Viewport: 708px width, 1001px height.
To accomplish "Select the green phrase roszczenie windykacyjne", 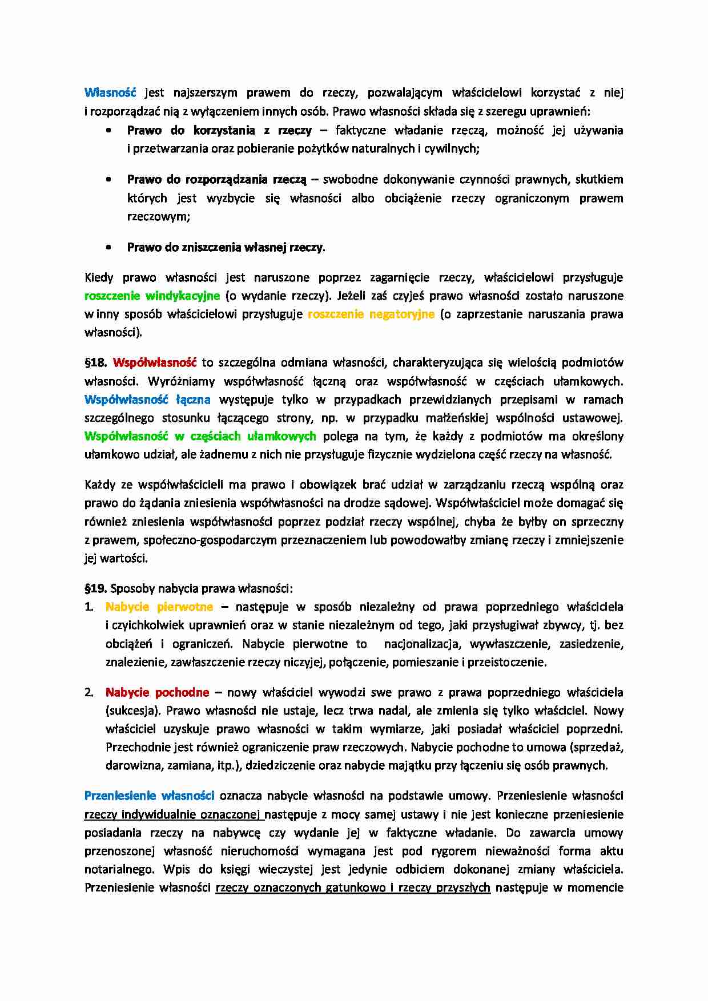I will coord(152,296).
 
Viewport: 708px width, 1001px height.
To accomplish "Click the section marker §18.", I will coord(96,362).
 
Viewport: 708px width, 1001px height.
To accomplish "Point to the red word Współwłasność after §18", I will coord(155,362).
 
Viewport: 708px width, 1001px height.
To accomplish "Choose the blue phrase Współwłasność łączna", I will coord(147,399).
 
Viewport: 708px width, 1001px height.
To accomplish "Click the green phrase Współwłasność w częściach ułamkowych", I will coord(200,436).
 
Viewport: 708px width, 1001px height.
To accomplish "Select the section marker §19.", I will coord(96,588).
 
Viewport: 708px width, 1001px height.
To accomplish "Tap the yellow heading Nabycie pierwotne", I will coord(159,607).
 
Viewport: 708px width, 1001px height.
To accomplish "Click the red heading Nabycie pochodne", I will coord(157,692).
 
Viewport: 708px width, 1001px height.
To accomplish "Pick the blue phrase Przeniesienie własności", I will coord(149,796).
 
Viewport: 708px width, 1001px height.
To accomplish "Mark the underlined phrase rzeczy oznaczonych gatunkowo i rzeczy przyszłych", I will coord(353,887).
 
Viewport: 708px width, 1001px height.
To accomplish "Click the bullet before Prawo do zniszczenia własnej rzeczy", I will coord(109,248).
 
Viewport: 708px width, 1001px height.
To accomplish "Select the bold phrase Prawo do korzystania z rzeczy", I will coord(219,130).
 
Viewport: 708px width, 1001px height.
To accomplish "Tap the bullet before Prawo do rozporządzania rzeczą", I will coord(109,180).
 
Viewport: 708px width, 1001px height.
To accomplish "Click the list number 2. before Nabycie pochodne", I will coord(89,692).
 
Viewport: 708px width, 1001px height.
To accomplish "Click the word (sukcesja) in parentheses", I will coord(134,711).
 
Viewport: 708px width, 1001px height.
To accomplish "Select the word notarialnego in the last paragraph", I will coord(119,869).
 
